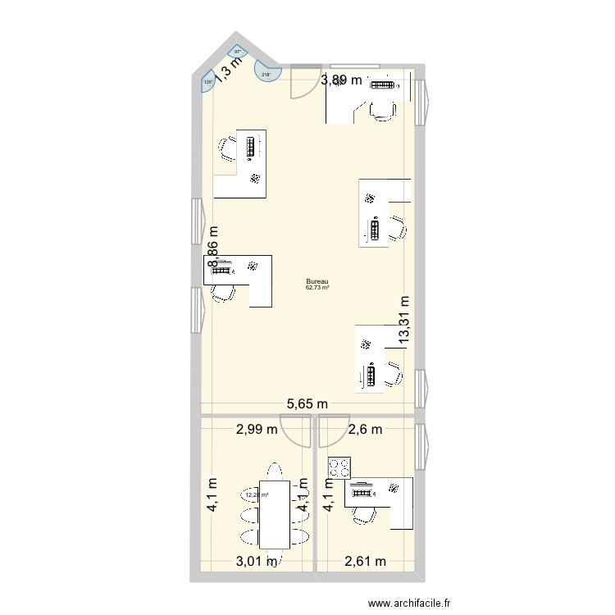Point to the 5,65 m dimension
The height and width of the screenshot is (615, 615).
pos(307,403)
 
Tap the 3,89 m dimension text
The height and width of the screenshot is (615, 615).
pos(341,80)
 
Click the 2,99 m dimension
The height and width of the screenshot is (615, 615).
pos(257,429)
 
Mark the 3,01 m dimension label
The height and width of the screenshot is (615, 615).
pos(257,561)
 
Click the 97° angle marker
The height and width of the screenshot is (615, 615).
pos(238,52)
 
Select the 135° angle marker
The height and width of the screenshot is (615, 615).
pos(207,82)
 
